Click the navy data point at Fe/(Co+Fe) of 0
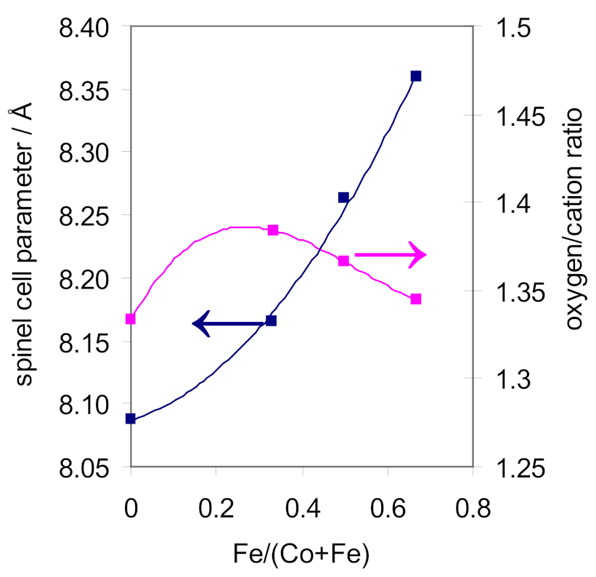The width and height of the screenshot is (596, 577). pyautogui.click(x=131, y=419)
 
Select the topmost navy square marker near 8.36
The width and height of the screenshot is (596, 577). pyautogui.click(x=416, y=76)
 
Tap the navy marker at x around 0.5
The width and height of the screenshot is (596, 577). pyautogui.click(x=344, y=198)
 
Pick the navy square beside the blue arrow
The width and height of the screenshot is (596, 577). pyautogui.click(x=272, y=320)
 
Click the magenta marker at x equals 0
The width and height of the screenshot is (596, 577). pyautogui.click(x=131, y=319)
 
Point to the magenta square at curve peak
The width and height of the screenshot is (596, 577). pyautogui.click(x=273, y=230)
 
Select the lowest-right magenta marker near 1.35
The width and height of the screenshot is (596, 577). pyautogui.click(x=416, y=299)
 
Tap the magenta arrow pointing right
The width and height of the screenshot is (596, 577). pyautogui.click(x=390, y=254)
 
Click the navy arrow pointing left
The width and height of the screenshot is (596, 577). pyautogui.click(x=228, y=323)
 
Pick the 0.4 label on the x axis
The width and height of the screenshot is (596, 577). pyautogui.click(x=302, y=504)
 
